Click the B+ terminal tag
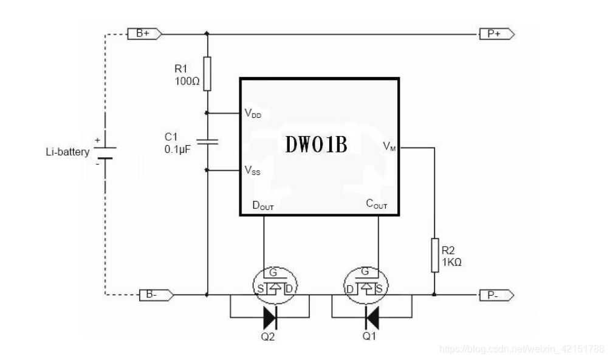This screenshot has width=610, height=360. coord(144,34)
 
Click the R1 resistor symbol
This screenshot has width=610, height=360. coord(207,73)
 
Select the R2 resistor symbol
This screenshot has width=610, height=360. coord(434,255)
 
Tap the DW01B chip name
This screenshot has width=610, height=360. coord(317,145)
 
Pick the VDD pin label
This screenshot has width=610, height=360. coord(253,113)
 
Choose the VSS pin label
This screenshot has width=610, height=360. coord(253,171)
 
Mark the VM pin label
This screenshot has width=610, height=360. coord(389,146)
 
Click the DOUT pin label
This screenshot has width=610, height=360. coord(263,205)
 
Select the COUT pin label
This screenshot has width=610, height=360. coord(377,205)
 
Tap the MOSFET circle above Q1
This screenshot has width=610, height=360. coord(365,284)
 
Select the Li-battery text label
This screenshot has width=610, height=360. coord(67,152)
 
